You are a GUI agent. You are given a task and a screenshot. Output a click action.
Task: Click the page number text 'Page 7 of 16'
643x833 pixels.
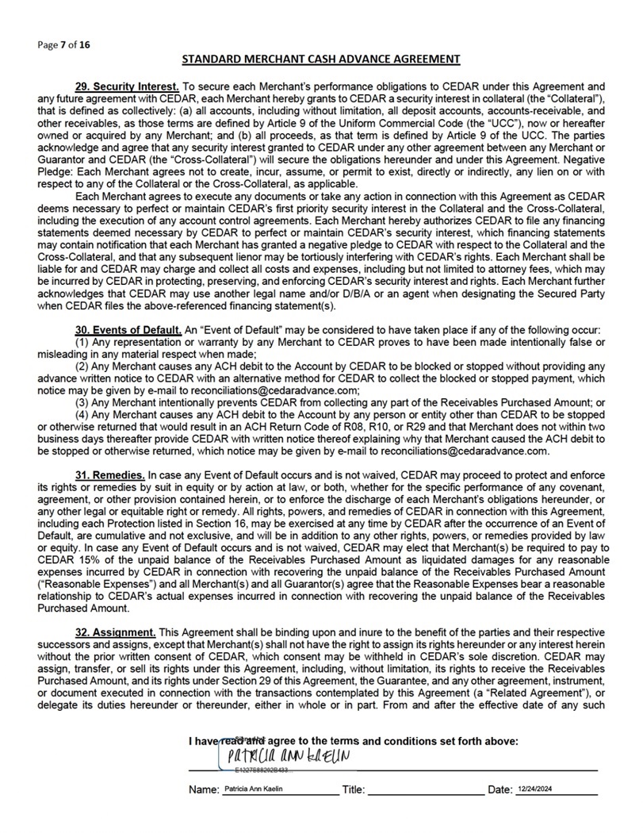(x=63, y=44)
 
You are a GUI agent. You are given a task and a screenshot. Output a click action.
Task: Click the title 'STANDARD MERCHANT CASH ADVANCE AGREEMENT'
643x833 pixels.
(x=321, y=59)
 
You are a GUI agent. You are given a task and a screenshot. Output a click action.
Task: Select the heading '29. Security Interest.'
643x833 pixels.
(x=127, y=85)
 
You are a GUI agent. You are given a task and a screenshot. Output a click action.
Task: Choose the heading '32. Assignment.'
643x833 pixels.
(x=115, y=631)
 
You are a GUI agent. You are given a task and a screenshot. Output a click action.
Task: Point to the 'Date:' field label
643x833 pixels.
(x=500, y=790)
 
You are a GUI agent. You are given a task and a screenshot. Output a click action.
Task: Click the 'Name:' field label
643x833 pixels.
(x=204, y=790)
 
